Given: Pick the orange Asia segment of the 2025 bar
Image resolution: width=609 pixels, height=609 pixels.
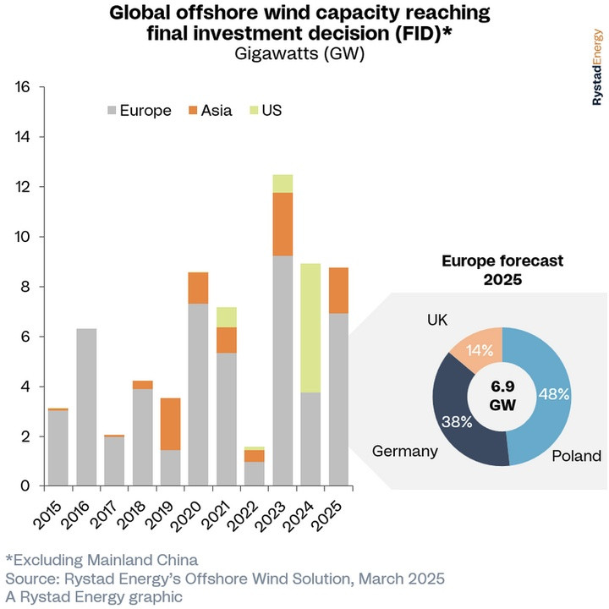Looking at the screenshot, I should [338, 290].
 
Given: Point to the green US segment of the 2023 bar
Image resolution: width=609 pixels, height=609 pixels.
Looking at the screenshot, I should [283, 184].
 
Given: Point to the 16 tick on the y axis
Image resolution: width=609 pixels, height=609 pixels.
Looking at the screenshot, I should [22, 87].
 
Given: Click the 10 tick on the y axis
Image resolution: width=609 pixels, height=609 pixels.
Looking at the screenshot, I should [22, 237].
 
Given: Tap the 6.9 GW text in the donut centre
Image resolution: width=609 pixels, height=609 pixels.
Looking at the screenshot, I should [502, 395].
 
